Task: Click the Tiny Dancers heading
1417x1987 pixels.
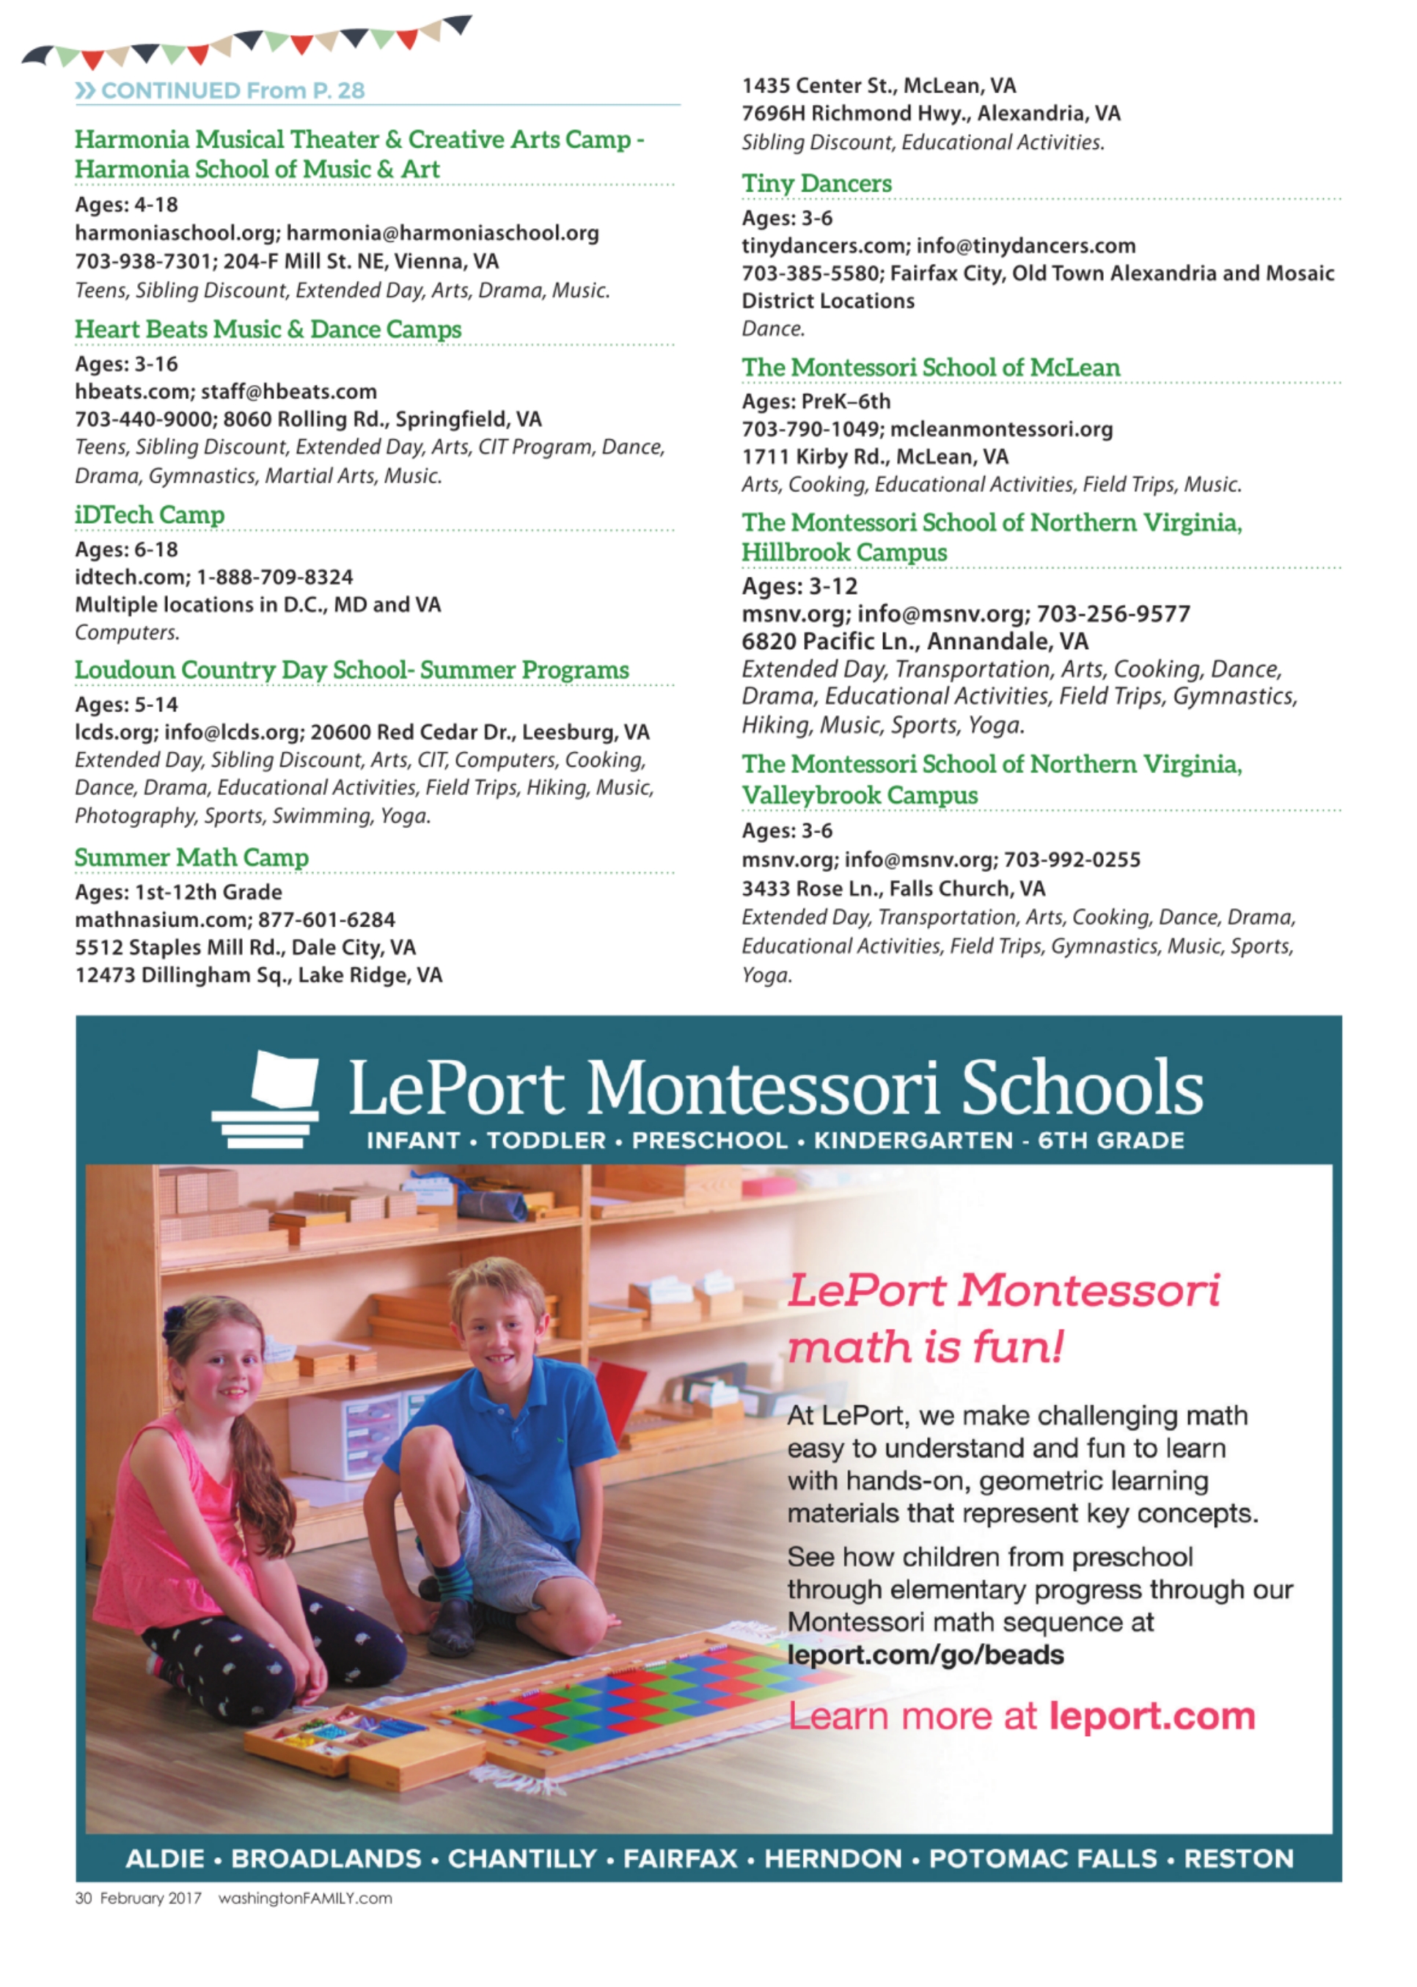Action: [x=817, y=183]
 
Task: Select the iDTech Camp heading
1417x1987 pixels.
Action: [x=149, y=515]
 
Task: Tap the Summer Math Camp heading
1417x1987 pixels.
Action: [x=191, y=857]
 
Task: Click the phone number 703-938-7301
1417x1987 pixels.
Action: [x=143, y=261]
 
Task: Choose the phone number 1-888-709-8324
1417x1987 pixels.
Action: [x=275, y=577]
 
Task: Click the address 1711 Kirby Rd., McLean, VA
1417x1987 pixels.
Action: [x=874, y=456]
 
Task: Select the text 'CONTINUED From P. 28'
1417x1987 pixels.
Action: [x=232, y=91]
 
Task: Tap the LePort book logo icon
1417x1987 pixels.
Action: [x=267, y=1099]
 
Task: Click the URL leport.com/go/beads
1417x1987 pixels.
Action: [x=925, y=1655]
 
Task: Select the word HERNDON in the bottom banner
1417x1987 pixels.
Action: [x=832, y=1859]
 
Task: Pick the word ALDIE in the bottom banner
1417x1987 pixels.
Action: [x=165, y=1859]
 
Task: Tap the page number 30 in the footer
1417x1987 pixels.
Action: [x=83, y=1899]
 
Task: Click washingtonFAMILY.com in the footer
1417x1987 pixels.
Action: [x=304, y=1899]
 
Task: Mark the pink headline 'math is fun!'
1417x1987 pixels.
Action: [x=925, y=1347]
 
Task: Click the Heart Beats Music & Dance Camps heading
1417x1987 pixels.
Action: [x=268, y=329]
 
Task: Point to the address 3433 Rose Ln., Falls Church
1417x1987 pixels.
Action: [x=893, y=888]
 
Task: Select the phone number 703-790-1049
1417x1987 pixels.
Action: [x=809, y=429]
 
